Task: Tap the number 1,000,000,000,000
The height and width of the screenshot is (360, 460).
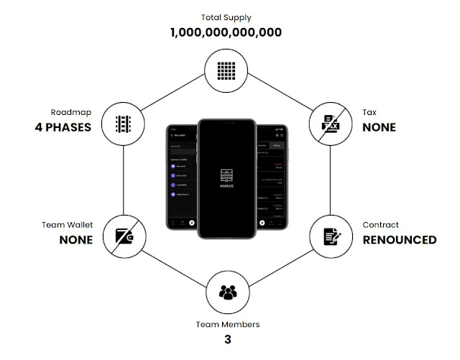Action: [x=226, y=32]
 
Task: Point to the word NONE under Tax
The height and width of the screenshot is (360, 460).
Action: [x=377, y=128]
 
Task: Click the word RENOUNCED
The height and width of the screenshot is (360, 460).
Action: [x=399, y=239]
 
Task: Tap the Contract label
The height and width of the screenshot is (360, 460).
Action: [x=380, y=224]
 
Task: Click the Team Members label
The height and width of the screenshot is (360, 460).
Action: [x=227, y=324]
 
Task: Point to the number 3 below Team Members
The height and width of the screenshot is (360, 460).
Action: [x=227, y=339]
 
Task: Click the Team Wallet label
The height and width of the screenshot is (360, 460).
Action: [x=68, y=224]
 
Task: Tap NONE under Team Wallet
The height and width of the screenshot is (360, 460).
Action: [x=75, y=239]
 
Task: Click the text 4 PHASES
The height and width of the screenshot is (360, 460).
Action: [x=63, y=128]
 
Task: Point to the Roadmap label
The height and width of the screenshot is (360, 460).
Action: [x=71, y=113]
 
